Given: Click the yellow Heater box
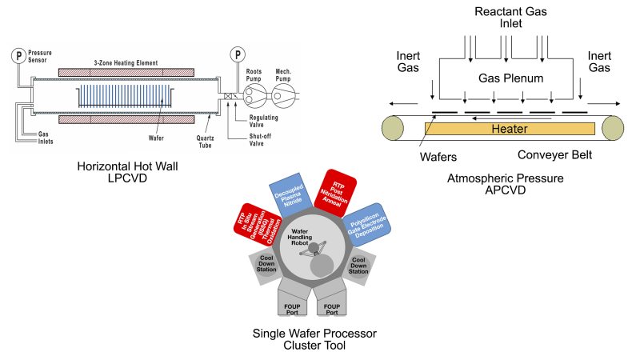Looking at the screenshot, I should pos(510,128).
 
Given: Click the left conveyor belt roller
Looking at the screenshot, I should pos(394,129).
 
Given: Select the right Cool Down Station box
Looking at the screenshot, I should pos(358,266).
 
